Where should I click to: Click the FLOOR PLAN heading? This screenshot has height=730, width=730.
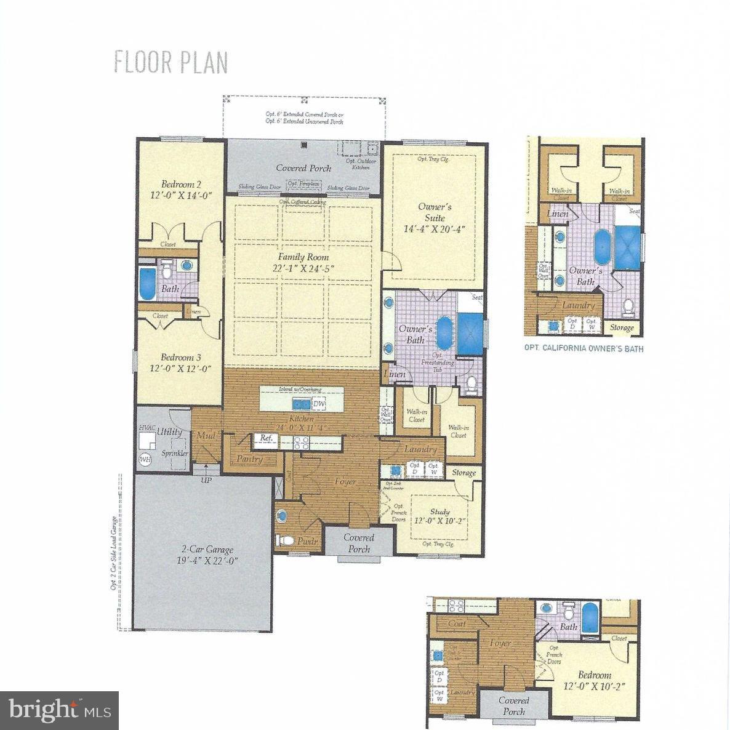(171, 63)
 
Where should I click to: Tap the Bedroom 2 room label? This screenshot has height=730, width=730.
(181, 184)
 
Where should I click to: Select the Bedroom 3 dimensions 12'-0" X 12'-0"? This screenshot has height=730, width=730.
(181, 369)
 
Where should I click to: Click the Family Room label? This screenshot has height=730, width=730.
(303, 257)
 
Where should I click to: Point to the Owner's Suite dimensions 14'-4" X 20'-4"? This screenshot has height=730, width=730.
(435, 229)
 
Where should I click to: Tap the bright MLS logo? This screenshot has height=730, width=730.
(60, 710)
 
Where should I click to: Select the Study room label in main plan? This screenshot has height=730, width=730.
(439, 511)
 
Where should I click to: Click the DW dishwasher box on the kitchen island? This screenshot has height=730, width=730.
(318, 404)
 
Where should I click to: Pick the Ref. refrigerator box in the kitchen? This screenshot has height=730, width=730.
(266, 438)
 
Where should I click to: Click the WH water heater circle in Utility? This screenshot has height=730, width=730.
(145, 459)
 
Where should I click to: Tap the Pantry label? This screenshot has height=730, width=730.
(250, 459)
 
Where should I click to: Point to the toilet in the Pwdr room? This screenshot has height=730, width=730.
(284, 540)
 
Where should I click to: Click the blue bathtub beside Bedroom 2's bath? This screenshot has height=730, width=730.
(148, 284)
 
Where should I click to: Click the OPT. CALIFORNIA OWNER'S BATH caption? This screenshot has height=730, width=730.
(584, 348)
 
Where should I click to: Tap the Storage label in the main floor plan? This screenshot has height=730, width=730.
(464, 473)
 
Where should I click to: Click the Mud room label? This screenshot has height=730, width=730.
(205, 436)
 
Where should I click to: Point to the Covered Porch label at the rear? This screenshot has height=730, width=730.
(303, 168)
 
